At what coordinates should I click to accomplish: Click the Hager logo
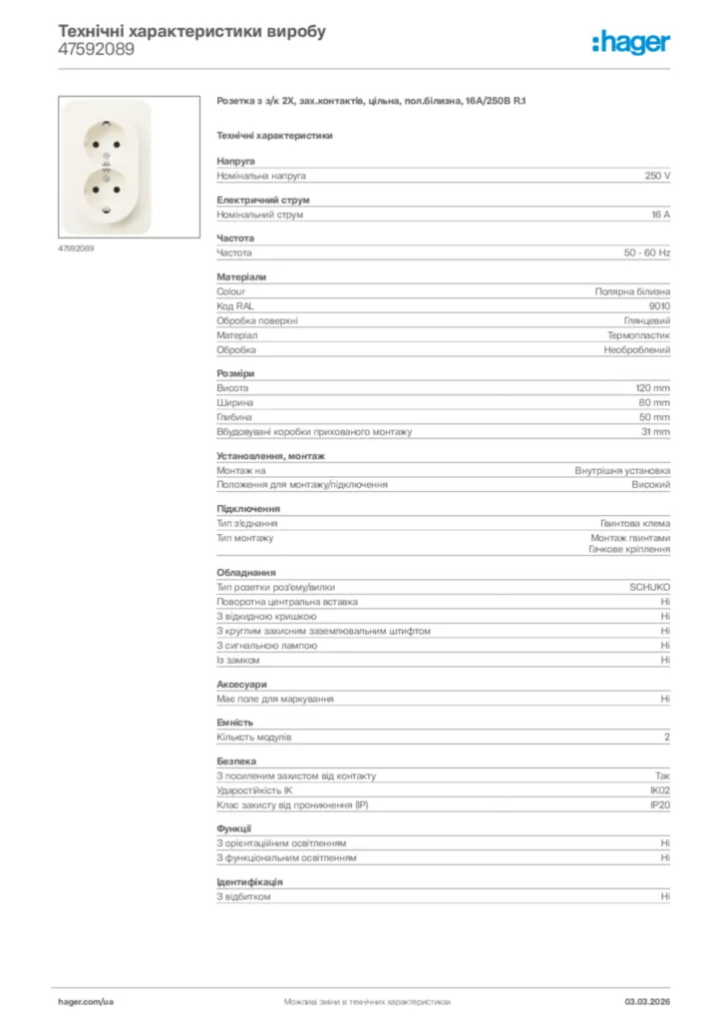tap(630, 41)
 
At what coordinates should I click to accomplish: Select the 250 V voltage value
tap(657, 176)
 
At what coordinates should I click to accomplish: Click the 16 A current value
tap(660, 215)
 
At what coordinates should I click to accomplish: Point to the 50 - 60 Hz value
tap(647, 254)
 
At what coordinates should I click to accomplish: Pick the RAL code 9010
tap(659, 306)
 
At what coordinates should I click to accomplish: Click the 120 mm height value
tap(653, 387)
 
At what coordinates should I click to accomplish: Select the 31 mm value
tap(655, 432)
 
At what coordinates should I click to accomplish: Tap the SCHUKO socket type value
tap(649, 588)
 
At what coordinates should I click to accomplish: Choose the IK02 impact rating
tap(660, 790)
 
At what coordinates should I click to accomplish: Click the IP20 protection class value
tap(660, 804)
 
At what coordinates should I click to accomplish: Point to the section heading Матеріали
tap(241, 276)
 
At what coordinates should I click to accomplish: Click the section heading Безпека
tap(236, 761)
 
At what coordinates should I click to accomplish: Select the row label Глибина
tap(234, 417)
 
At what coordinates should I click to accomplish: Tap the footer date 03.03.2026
tap(647, 1001)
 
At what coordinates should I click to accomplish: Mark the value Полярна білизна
tap(632, 291)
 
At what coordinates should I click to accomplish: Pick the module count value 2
tap(667, 738)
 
